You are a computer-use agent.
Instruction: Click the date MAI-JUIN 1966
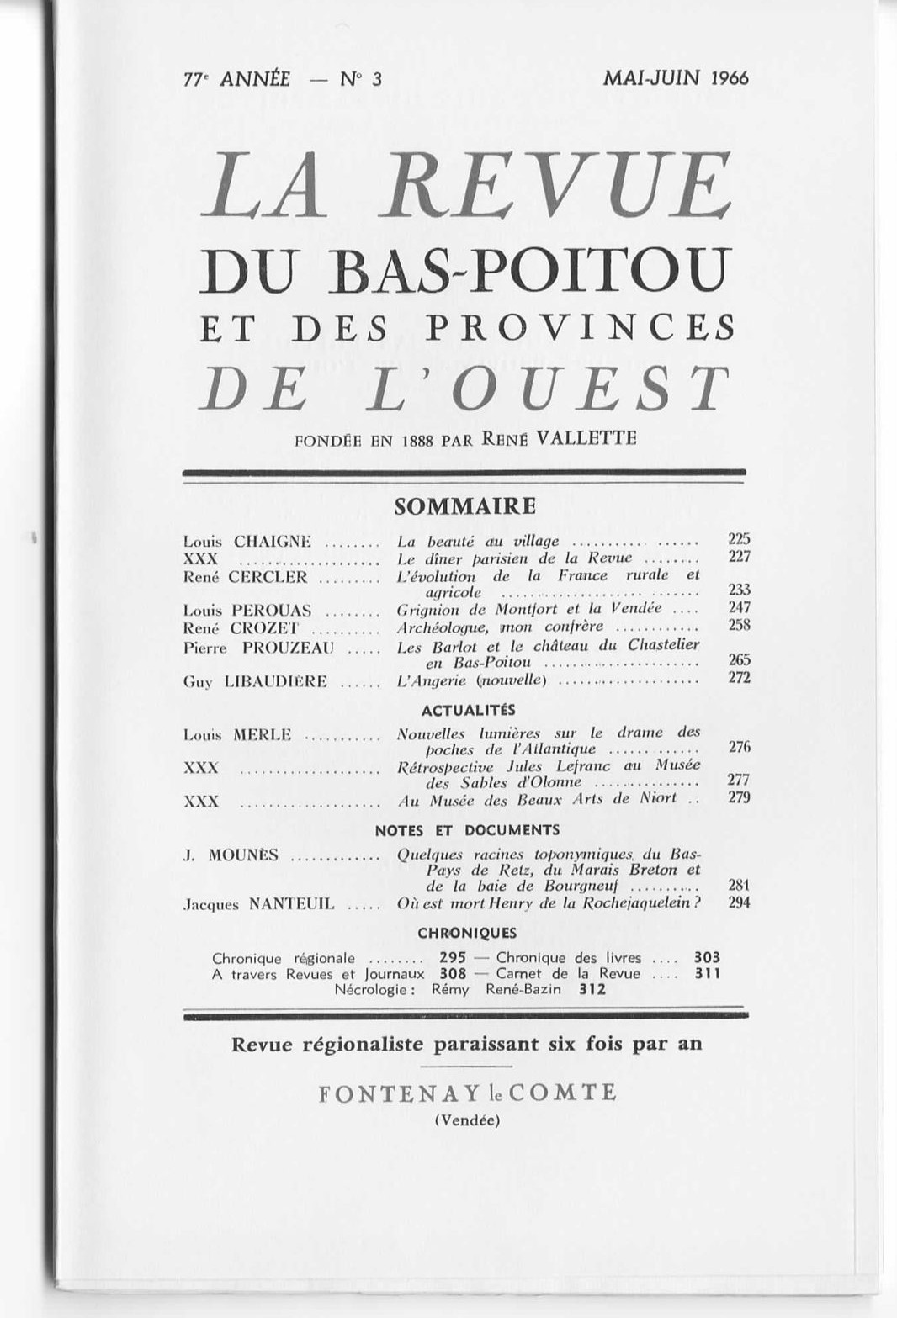pos(675,78)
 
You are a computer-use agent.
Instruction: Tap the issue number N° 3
pos(361,79)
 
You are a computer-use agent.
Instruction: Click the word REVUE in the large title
pos(557,186)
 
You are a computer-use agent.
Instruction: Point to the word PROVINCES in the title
pos(581,327)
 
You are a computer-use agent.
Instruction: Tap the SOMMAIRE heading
pos(464,506)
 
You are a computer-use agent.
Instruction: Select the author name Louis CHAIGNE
pos(247,541)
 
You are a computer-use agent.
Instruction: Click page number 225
pos(739,539)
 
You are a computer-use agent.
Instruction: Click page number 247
pos(739,607)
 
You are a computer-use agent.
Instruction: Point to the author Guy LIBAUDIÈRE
pos(255,681)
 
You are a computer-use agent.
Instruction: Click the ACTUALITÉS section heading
pos(469,710)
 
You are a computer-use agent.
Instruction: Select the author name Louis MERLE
pos(237,735)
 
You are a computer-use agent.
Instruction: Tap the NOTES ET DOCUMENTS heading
pos(467,830)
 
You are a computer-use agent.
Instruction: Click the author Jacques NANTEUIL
pos(258,905)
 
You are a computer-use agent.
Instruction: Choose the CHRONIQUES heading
pos(467,933)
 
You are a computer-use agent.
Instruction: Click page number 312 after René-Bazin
pos(592,990)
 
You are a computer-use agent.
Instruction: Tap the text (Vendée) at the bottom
pos(467,1120)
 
